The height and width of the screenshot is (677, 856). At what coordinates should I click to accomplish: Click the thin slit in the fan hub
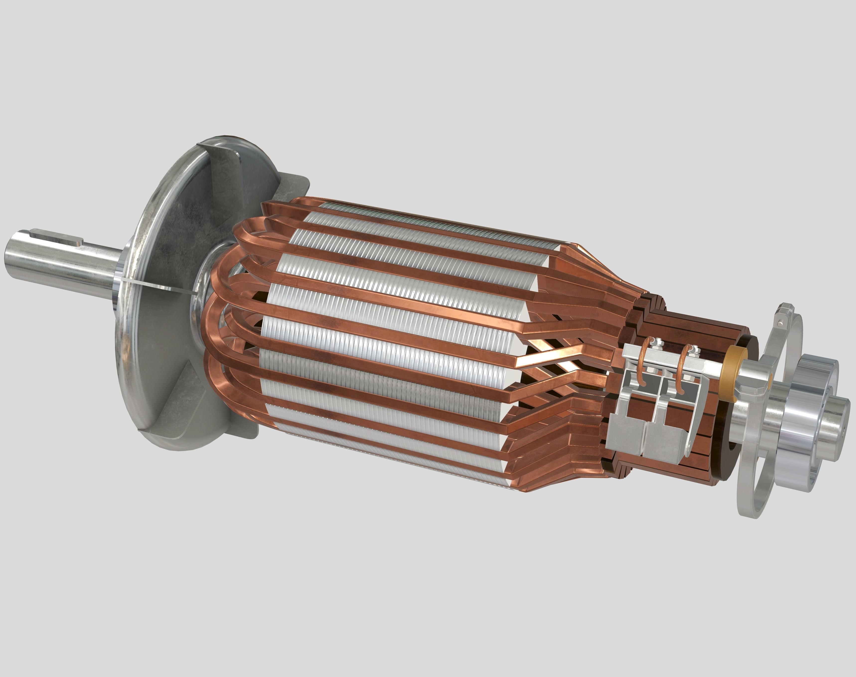[158, 286]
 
